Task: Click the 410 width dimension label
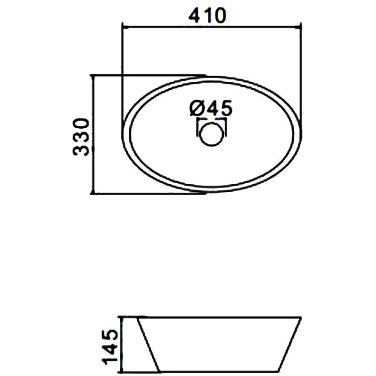pos(207,16)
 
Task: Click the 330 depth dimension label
pos(81,137)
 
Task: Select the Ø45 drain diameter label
pos(211,108)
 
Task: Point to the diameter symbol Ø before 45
pos(196,109)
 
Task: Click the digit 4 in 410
pos(195,16)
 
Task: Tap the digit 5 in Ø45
pos(226,108)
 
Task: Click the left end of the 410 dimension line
pos(123,27)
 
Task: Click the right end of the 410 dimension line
pos(301,27)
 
